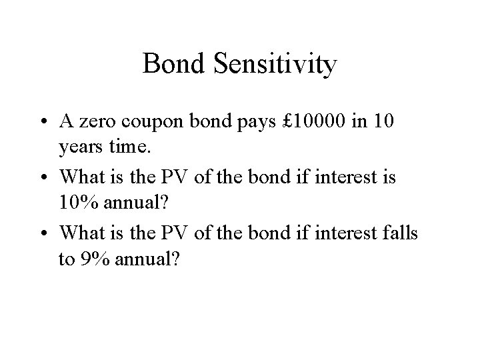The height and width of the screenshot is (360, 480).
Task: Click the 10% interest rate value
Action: click(79, 203)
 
